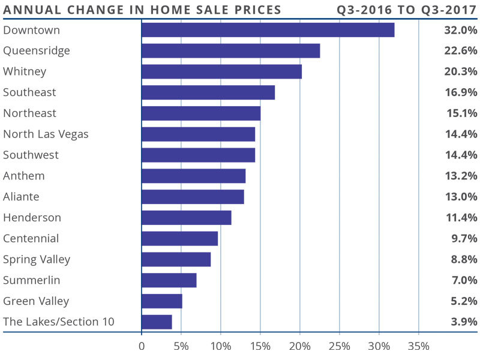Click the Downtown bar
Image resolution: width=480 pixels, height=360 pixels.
tap(268, 30)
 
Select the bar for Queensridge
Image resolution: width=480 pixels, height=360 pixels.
tap(230, 51)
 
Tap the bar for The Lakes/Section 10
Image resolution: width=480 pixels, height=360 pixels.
tap(157, 322)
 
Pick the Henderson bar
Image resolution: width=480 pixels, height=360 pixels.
tap(186, 218)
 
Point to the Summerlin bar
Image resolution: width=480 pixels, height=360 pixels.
tap(169, 280)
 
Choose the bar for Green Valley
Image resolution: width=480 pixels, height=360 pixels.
tap(161, 301)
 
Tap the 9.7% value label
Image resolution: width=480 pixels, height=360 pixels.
tap(464, 238)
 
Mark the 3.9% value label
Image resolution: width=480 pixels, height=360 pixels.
tap(464, 322)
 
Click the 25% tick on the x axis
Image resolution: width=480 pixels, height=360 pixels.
tap(339, 346)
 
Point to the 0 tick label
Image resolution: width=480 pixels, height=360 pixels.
tap(142, 346)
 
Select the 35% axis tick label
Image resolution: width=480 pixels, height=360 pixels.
tap(418, 346)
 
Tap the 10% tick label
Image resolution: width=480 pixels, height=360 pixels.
tap(220, 346)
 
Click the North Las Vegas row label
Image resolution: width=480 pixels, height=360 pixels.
tap(46, 134)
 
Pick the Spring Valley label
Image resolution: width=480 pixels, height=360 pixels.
tap(37, 260)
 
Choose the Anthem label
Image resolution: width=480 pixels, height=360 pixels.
tap(23, 176)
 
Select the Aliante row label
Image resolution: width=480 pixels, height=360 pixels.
tap(22, 197)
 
